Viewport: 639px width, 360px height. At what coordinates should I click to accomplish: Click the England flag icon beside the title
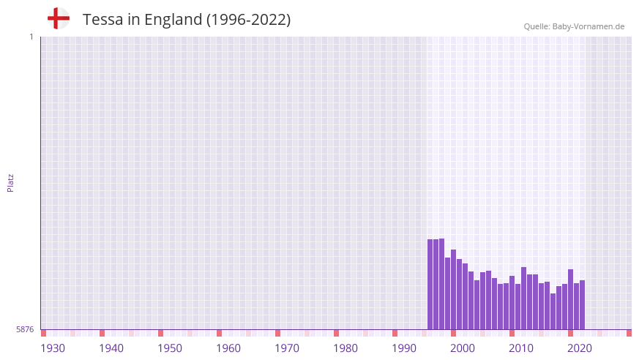pos(59,18)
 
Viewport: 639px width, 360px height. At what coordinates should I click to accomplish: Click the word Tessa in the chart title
pos(103,20)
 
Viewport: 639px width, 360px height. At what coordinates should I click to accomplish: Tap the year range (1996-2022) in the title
pos(248,20)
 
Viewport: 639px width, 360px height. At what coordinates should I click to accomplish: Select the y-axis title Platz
pos(10,182)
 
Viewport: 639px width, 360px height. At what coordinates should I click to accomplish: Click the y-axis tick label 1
pos(31,37)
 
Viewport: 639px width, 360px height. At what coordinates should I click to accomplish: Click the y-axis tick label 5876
pos(25,330)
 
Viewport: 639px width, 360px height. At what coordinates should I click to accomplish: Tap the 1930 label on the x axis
pos(53,348)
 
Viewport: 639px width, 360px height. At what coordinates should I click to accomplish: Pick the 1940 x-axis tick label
pos(111,348)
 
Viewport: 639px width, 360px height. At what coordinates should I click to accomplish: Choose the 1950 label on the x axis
pos(170,348)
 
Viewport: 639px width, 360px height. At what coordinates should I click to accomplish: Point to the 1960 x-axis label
pos(228,348)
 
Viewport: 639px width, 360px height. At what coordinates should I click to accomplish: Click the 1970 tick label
pos(287,348)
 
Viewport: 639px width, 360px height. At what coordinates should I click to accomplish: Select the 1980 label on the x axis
pos(345,348)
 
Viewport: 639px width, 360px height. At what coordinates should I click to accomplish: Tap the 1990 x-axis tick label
pos(404,348)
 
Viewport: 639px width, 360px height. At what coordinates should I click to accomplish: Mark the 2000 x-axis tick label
pos(463,348)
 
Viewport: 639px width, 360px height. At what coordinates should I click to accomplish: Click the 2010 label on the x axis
pos(521,348)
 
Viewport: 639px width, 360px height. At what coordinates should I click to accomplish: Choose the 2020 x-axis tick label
pos(580,348)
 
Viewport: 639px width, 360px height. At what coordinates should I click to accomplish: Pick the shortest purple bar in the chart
pos(553,311)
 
